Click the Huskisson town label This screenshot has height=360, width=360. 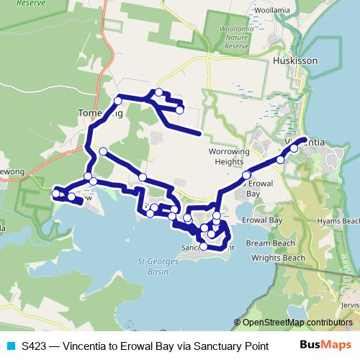coord(295,62)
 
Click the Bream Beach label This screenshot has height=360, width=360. coord(266,244)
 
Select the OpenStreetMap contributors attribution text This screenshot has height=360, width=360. coord(297,323)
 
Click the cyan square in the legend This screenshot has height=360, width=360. coord(10,346)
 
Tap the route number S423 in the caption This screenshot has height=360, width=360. coord(34,346)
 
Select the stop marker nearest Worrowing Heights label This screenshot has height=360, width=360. coord(246,175)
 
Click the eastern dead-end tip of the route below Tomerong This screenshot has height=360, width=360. coord(199,134)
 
